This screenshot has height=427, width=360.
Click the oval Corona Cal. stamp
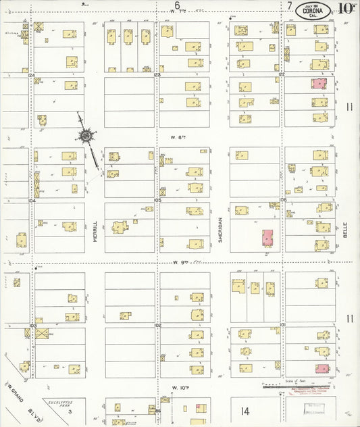pos(313,9)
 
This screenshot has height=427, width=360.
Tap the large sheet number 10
pos(346,9)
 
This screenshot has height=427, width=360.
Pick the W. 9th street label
pos(179,262)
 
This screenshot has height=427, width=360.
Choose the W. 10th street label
pos(179,388)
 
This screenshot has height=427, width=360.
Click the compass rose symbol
pos(87,137)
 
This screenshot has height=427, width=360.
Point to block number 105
pos(158,201)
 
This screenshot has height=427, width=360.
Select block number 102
pos(158,325)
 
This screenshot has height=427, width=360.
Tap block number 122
pos(282,74)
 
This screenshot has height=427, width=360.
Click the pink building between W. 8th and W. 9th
pos(267,238)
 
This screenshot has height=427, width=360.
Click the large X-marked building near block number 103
pos(43,333)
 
